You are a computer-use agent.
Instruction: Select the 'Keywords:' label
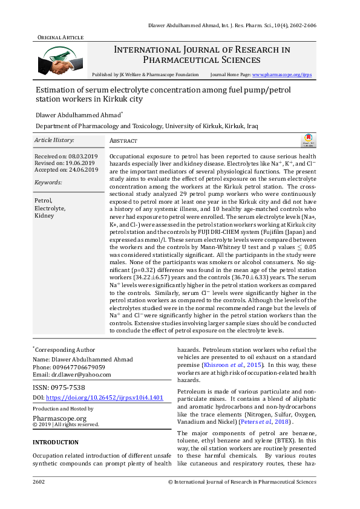[x=48, y=182]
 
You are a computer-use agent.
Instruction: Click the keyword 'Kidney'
[x=44, y=215]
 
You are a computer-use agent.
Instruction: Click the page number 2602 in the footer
[x=40, y=482]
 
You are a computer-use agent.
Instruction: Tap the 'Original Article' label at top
[x=61, y=37]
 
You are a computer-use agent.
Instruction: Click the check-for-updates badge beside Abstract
[x=308, y=141]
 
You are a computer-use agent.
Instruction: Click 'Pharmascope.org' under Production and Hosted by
[x=59, y=418]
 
